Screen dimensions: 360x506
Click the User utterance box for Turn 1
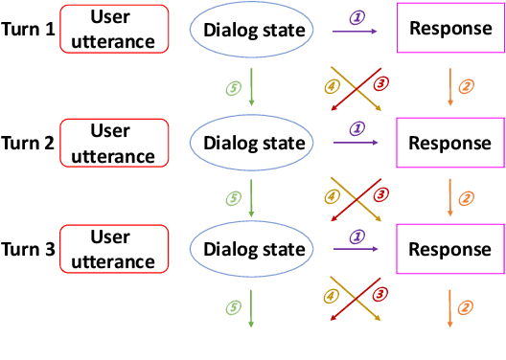(113, 30)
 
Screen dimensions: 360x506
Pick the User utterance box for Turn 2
(113, 143)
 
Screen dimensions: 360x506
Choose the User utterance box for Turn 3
(113, 249)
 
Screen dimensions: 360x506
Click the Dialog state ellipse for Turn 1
(249, 31)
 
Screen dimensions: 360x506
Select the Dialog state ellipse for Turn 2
(249, 144)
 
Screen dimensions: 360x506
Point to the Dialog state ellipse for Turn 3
(249, 250)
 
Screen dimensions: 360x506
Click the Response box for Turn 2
(450, 144)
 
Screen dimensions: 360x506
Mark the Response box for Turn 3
(450, 249)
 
